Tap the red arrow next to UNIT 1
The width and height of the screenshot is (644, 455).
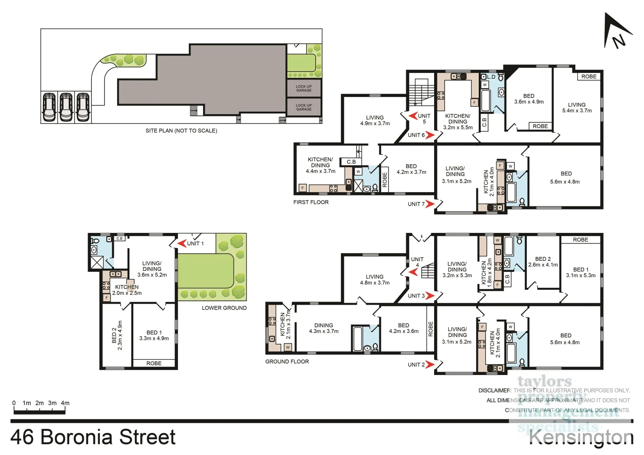tap(182, 244)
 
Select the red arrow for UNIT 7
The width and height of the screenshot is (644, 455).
tap(429, 204)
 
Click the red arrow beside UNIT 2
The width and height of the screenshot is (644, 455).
tap(429, 364)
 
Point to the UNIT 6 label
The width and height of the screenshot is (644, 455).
tap(416, 135)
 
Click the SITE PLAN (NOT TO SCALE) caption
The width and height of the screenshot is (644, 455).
tap(181, 131)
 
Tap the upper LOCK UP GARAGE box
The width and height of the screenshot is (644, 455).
tap(303, 88)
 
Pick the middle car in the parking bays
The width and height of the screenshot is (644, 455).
tap(66, 107)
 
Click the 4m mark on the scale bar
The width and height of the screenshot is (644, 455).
tap(65, 403)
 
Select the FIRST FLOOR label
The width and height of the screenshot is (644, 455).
tap(311, 202)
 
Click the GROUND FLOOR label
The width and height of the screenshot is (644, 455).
tap(287, 361)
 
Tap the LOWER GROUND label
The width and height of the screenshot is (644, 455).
tap(224, 308)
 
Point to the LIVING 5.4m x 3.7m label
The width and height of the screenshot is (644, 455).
tap(577, 107)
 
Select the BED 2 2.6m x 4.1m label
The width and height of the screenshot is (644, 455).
tap(543, 262)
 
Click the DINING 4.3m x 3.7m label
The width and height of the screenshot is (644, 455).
tap(323, 328)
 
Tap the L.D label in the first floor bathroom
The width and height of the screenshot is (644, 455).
tap(491, 77)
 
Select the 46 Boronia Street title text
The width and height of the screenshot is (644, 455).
tap(93, 437)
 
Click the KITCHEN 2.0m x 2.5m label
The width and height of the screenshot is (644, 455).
tap(126, 290)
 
